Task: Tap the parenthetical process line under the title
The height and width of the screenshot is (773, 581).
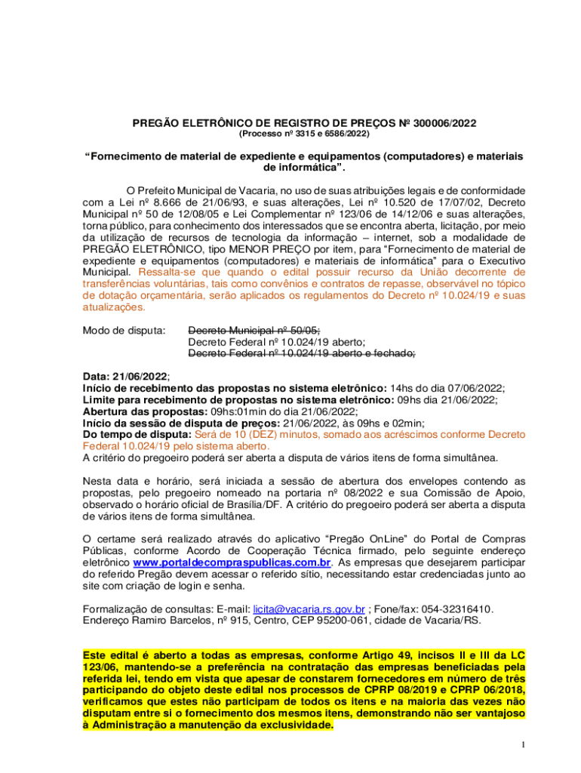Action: click(304, 134)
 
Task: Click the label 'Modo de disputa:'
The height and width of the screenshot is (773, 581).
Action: click(124, 331)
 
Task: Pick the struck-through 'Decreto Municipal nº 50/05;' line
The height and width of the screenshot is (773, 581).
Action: click(254, 331)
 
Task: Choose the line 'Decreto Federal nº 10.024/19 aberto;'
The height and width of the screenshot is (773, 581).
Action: click(276, 342)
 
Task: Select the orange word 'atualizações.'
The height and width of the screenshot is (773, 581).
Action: click(113, 307)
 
